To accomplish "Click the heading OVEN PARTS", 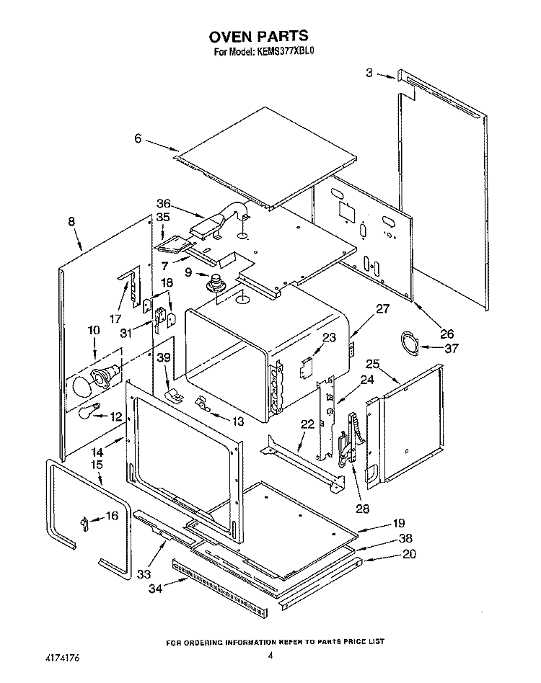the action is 258,36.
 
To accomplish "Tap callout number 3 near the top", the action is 369,73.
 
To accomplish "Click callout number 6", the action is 138,138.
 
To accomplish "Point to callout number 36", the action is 164,203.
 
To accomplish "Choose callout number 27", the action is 382,309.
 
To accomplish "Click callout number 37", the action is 452,349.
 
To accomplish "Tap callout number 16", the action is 112,516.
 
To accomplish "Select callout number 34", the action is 156,589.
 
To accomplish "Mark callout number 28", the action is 362,509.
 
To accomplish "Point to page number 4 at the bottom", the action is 270,656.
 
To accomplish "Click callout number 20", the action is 409,554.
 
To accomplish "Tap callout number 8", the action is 71,222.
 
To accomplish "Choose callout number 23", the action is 329,338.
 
